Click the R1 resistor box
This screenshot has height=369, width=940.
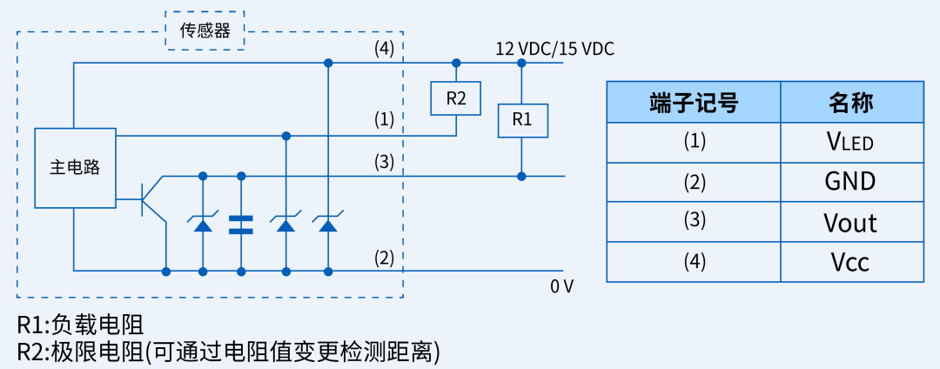tap(522, 120)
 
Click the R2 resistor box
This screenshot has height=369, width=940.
tap(456, 98)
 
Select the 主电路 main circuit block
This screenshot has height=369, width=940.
tap(74, 168)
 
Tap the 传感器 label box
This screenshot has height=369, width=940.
tap(205, 31)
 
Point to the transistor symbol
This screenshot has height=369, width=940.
tap(151, 199)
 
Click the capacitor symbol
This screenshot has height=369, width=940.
tap(241, 225)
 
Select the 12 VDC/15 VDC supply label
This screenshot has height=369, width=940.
tap(554, 49)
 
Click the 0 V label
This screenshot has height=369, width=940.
tap(561, 285)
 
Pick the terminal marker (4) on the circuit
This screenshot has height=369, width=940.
tap(384, 49)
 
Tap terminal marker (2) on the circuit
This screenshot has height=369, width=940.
tap(384, 258)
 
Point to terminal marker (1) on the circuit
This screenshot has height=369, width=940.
tap(384, 118)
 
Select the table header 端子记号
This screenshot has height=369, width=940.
tap(694, 103)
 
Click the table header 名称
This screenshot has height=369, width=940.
tap(851, 103)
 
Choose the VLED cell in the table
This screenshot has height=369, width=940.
tap(851, 141)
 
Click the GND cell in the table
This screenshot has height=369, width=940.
tap(851, 181)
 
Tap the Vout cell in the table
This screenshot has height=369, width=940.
tap(851, 222)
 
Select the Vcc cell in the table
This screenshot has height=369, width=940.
tap(851, 262)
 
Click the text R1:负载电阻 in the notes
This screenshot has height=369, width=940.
tap(80, 325)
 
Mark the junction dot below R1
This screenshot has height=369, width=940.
tap(522, 176)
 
